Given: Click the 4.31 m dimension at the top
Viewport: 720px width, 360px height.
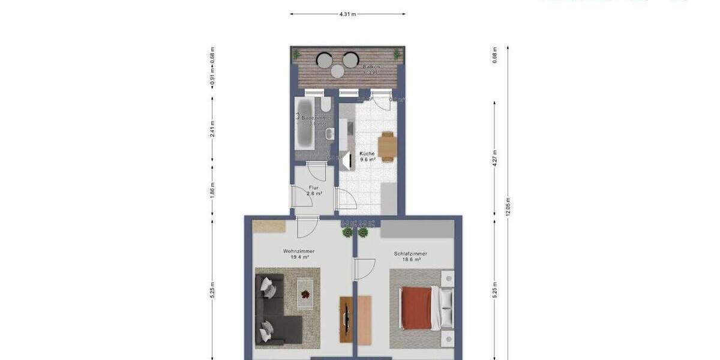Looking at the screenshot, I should pos(347,13).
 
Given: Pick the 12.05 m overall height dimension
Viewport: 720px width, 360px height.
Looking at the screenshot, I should pos(508,206).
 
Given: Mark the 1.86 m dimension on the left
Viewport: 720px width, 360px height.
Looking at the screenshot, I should pos(213,188).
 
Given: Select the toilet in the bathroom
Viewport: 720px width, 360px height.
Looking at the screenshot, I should pos(325,106).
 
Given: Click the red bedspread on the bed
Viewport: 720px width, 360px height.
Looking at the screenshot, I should pos(416,308).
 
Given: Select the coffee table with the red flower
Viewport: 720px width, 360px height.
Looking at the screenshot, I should pos(305,294).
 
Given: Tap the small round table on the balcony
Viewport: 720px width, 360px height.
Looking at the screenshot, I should pos(338,71).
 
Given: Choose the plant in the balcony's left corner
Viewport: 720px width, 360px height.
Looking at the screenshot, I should pos(296,55).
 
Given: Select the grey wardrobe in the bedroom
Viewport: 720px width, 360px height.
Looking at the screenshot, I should pos(416,229).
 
